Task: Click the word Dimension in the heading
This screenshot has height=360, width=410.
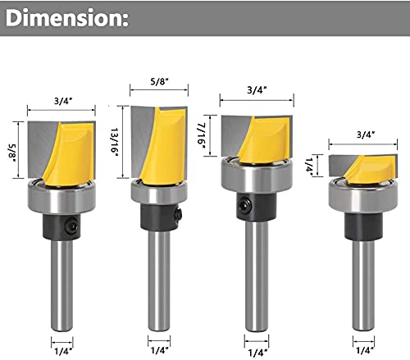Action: click(x=61, y=17)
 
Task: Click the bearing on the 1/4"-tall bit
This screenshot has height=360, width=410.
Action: click(x=358, y=194)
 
